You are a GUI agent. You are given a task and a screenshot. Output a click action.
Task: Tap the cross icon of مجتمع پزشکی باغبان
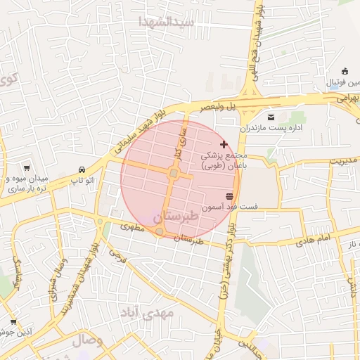[224, 143]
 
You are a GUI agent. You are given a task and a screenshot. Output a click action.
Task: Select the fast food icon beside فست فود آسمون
[229, 196]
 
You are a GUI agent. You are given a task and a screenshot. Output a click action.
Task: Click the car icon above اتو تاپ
[83, 170]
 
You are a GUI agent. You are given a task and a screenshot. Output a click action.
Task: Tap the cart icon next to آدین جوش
[13, 321]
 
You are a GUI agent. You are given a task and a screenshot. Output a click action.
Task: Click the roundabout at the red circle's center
[174, 173]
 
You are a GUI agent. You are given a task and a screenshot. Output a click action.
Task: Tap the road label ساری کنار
[180, 143]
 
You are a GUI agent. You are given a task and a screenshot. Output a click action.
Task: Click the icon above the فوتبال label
[345, 70]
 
